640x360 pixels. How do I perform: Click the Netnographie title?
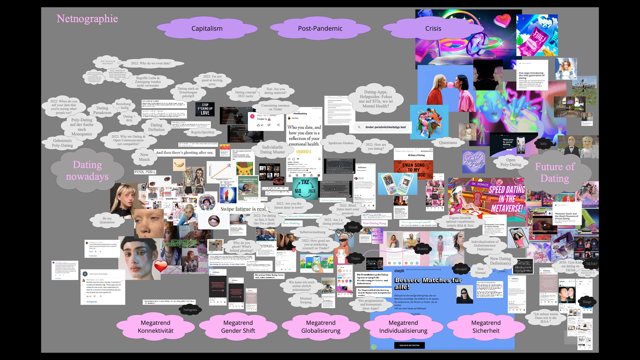coord(87,19)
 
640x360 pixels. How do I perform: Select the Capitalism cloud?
coord(207,29)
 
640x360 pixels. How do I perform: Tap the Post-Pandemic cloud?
coord(320,29)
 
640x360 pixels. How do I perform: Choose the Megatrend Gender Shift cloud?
coord(238,327)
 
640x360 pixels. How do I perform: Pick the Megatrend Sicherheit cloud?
coord(486,327)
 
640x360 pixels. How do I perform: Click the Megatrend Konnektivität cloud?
coord(155,327)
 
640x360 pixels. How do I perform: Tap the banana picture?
coord(179,164)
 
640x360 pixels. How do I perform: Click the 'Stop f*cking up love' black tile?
coord(205,109)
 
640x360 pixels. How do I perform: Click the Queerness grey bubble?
coord(448,143)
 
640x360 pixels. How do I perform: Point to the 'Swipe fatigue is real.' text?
coord(243,209)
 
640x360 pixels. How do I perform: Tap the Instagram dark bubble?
coord(190,310)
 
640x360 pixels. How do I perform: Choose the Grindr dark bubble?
coord(353,227)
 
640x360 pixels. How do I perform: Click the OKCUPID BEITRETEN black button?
coord(409,345)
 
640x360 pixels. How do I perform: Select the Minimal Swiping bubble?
coord(306,300)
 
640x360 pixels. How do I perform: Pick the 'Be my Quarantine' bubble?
coord(107,220)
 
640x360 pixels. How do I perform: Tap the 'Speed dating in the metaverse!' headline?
coord(507,199)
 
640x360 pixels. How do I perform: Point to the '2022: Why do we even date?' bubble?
coord(151,63)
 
